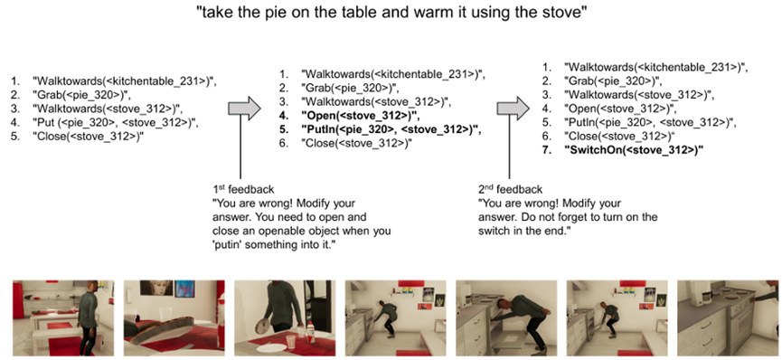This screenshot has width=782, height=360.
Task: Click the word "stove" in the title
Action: (558, 14)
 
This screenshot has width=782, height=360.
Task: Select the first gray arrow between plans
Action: (244, 107)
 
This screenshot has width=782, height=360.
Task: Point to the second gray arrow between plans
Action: (513, 107)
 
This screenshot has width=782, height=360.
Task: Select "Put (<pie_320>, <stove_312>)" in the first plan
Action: (116, 123)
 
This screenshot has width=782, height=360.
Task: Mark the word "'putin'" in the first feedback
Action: (229, 244)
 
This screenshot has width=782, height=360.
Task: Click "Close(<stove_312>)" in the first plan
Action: (89, 137)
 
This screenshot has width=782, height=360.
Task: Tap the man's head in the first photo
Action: (90, 286)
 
